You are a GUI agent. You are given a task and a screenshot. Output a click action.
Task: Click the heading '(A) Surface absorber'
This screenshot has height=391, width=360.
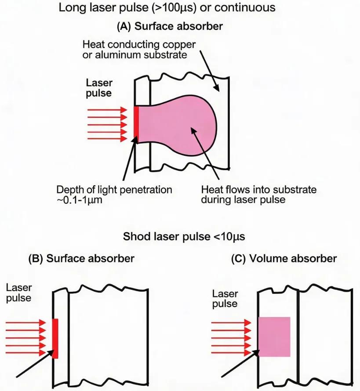point(170,26)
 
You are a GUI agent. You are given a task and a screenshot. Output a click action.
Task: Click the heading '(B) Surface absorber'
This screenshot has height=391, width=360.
point(81,258)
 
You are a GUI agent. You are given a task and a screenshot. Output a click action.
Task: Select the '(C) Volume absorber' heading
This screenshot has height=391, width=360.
point(284,258)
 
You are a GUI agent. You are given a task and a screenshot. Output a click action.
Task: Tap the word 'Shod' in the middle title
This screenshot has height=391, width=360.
point(137,236)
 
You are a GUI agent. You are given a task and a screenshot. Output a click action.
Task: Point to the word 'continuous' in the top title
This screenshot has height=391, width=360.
point(245,7)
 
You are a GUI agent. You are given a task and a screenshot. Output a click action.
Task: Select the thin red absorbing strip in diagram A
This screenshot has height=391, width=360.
point(136,122)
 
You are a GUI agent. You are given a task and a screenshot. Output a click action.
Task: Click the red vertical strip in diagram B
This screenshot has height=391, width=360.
point(55,338)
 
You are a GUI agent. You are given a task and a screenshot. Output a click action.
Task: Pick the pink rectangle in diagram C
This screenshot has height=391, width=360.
point(274,337)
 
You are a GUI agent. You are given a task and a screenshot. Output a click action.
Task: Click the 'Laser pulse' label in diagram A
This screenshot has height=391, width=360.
point(99,88)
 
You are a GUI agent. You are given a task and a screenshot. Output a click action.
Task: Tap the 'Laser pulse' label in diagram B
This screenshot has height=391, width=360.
point(19,293)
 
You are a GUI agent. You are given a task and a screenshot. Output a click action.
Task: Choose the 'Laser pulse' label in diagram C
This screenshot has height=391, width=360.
point(225,299)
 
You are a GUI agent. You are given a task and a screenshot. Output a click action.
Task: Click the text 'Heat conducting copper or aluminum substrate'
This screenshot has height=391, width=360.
point(139,50)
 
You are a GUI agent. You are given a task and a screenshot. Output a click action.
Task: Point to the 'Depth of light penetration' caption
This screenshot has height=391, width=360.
point(114,189)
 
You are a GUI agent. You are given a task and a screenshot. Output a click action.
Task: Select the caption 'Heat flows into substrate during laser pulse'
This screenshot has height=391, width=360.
point(259,195)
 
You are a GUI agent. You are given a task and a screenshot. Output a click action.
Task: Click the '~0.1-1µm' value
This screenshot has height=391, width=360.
point(79,200)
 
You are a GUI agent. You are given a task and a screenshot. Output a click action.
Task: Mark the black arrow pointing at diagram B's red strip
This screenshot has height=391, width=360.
point(35,364)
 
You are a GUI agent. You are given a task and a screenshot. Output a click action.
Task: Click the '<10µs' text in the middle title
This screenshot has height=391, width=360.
point(229,236)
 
